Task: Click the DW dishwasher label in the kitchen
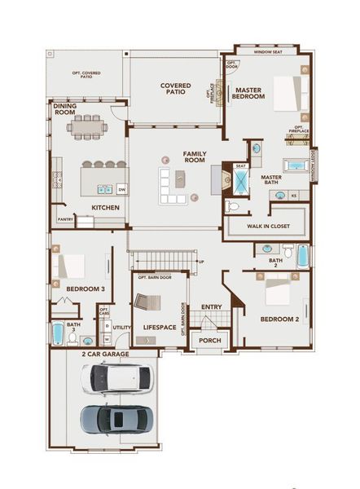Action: click(x=121, y=188)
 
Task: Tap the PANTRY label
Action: click(x=66, y=219)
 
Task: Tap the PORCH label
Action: click(x=210, y=340)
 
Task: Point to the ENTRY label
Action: click(x=212, y=306)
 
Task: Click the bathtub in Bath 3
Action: click(x=58, y=334)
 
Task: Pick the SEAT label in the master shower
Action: click(x=240, y=165)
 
